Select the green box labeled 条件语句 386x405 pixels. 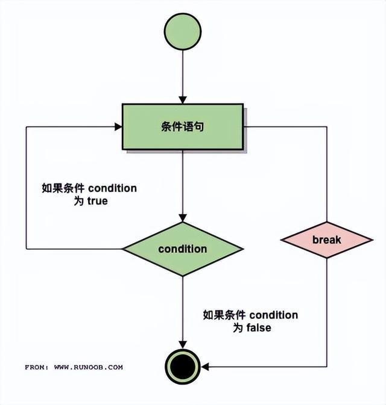pyautogui.click(x=183, y=127)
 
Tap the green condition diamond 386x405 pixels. pyautogui.click(x=183, y=249)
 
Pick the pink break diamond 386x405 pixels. pyautogui.click(x=327, y=240)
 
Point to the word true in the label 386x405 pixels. pyautogui.click(x=96, y=202)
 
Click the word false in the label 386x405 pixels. pyautogui.click(x=258, y=328)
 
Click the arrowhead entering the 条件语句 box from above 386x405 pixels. pyautogui.click(x=183, y=99)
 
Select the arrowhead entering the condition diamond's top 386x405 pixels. pyautogui.click(x=183, y=217)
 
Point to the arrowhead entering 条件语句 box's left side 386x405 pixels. pyautogui.click(x=118, y=127)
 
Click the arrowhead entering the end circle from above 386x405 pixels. pyautogui.click(x=183, y=344)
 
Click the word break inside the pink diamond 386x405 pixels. pyautogui.click(x=327, y=240)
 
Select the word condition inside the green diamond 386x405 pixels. pyautogui.click(x=183, y=249)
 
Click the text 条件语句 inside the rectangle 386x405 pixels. pyautogui.click(x=183, y=127)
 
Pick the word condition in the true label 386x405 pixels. pyautogui.click(x=112, y=188)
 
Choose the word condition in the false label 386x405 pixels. pyautogui.click(x=273, y=315)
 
